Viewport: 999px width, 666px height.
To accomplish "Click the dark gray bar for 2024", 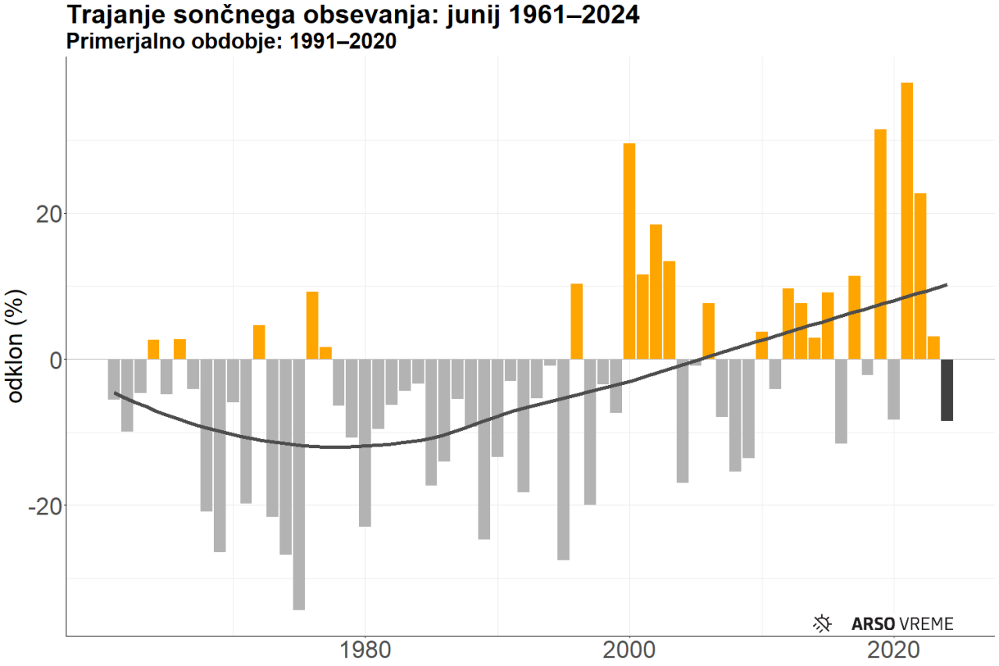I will (x=947, y=390).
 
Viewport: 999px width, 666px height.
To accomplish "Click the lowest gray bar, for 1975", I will (x=299, y=484).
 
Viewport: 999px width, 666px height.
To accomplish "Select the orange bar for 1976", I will (x=312, y=325).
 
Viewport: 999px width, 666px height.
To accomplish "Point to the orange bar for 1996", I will (x=577, y=321).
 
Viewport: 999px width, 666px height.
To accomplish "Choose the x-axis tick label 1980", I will (x=364, y=650).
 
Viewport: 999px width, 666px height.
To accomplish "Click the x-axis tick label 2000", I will (x=629, y=650).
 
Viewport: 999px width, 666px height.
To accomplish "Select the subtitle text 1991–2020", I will (x=343, y=42).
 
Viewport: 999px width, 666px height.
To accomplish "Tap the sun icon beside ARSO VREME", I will (x=822, y=623).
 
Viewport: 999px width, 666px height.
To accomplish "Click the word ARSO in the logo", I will (x=873, y=624).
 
